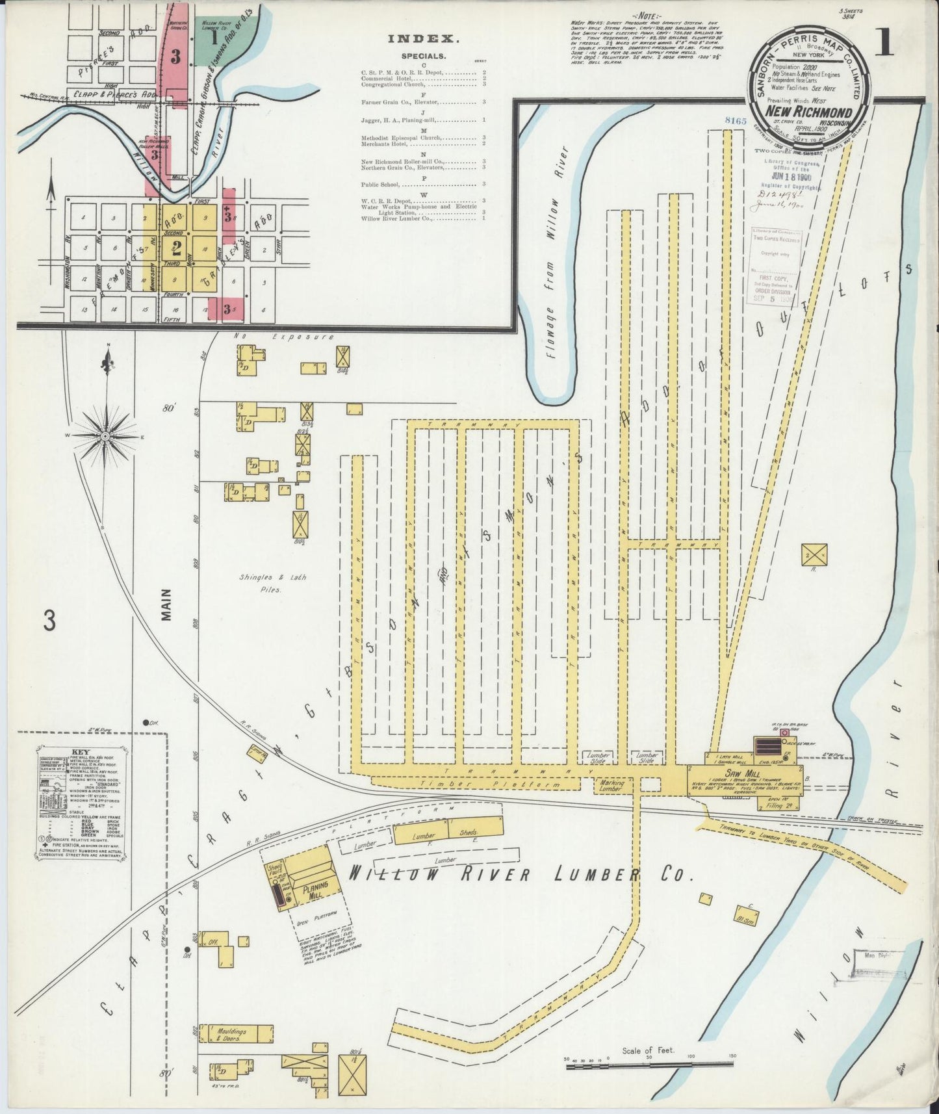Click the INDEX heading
point(424,39)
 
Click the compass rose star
point(105,435)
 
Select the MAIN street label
point(166,605)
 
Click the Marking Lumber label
point(610,786)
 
